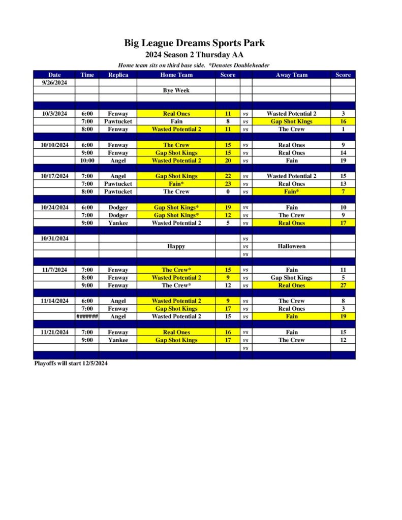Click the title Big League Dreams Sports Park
pyautogui.click(x=195, y=43)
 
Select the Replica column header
pyautogui.click(x=118, y=75)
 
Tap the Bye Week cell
pyautogui.click(x=176, y=90)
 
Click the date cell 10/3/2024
pyautogui.click(x=54, y=114)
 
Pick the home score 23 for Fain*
pyautogui.click(x=228, y=184)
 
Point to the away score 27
pyautogui.click(x=343, y=285)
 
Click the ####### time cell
pyautogui.click(x=87, y=316)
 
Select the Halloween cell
pyautogui.click(x=291, y=246)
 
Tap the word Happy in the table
pyautogui.click(x=176, y=246)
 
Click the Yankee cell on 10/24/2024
pyautogui.click(x=118, y=223)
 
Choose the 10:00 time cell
pyautogui.click(x=87, y=160)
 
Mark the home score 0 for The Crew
pyautogui.click(x=228, y=191)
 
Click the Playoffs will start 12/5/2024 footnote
pyautogui.click(x=71, y=363)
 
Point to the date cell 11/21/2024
pyautogui.click(x=54, y=332)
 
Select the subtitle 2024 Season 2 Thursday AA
pyautogui.click(x=195, y=55)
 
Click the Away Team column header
pyautogui.click(x=291, y=75)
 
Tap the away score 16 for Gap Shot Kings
pyautogui.click(x=343, y=121)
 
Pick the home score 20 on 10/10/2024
pyautogui.click(x=228, y=160)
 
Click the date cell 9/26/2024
pyautogui.click(x=54, y=82)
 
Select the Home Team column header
pyautogui.click(x=176, y=75)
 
